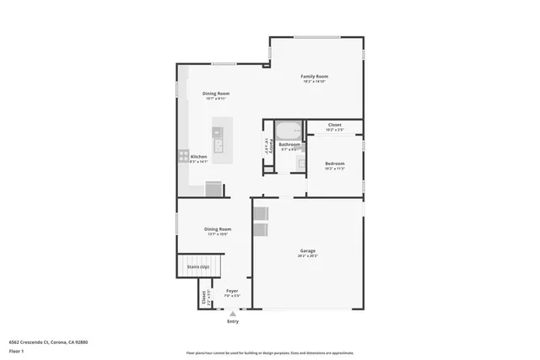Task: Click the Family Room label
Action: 314,77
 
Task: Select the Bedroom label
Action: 335,164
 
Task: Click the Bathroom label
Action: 289,144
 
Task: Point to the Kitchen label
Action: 198,157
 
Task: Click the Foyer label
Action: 232,292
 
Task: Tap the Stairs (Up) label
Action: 198,266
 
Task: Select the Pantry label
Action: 267,145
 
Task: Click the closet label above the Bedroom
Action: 335,125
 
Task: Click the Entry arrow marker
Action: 233,314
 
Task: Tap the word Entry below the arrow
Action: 233,322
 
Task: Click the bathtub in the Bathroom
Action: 289,131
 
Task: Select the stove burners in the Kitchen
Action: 183,155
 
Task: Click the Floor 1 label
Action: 16,351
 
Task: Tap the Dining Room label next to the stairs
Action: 218,228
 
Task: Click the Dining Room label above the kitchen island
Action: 216,94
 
